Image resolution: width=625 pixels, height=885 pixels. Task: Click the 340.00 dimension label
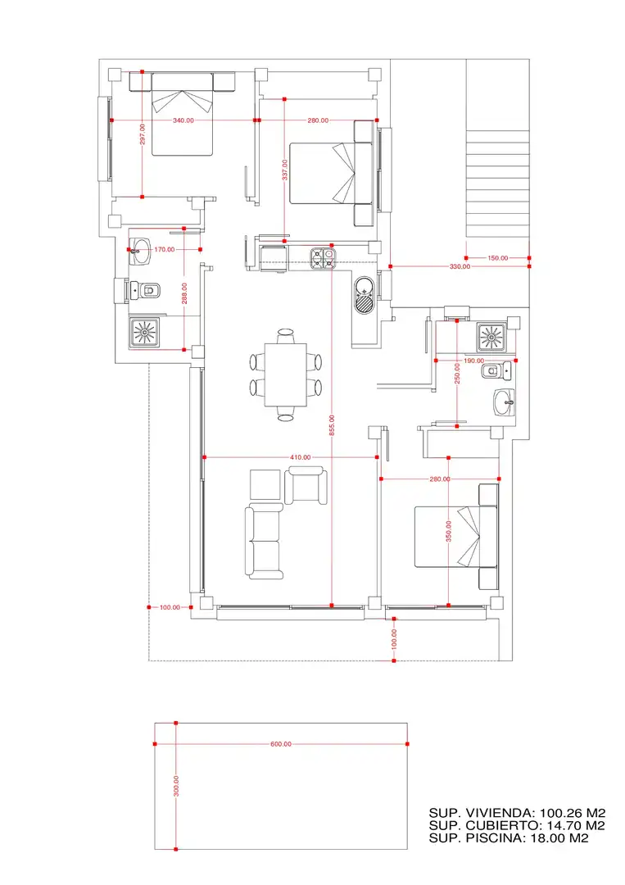pos(183,120)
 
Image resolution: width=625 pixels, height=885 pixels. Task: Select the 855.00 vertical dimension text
pos(332,425)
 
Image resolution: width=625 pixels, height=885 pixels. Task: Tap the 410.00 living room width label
pos(300,457)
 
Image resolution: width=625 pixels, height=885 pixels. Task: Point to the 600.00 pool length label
pos(281,744)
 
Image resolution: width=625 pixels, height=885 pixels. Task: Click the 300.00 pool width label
pos(176,786)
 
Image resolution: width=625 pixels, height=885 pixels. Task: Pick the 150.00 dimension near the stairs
pos(497,258)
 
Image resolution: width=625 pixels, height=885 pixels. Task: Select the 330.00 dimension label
pos(460,266)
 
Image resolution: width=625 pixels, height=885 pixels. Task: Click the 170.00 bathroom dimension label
pos(164,249)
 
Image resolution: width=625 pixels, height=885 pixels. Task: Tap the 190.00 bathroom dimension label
pos(473,360)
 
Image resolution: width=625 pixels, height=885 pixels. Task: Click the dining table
pos(286,374)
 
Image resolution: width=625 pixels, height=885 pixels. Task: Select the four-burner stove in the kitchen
pos(324,257)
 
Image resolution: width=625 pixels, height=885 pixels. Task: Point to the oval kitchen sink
pos(365,295)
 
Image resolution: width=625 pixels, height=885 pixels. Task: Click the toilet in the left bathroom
pos(146,291)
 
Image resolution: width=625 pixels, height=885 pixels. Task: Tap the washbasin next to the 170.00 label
pos(140,252)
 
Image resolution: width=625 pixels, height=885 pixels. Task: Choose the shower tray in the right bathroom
pos(491,338)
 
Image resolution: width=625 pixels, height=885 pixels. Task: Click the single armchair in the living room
pos(306,485)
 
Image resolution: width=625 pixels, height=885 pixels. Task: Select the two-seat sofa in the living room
pos(264,542)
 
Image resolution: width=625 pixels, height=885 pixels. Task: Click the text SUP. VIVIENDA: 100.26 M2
pos(517,813)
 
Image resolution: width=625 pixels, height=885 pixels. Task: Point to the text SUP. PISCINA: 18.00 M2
pos(508,838)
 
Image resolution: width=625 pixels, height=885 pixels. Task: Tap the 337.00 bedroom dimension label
pos(285,170)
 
